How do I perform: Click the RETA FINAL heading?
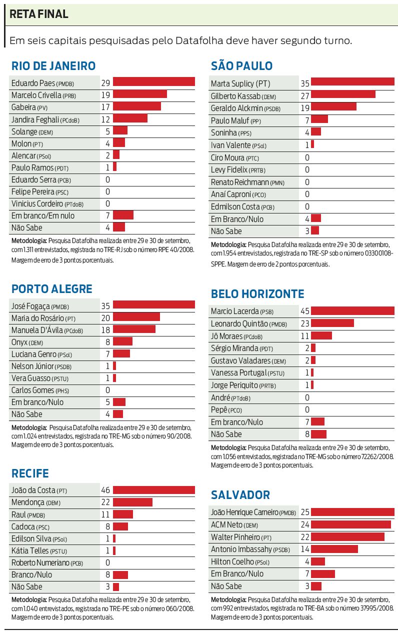[x=39, y=14]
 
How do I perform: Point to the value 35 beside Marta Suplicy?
[x=305, y=83]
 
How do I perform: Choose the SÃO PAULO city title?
[x=241, y=66]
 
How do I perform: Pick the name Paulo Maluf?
[x=228, y=120]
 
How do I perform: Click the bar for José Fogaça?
[x=153, y=305]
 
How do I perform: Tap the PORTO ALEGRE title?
[x=52, y=289]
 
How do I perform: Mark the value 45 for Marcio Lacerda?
[x=305, y=311]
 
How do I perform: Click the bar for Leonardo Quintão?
[x=332, y=323]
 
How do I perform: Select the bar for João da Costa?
[x=153, y=490]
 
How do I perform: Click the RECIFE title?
[x=30, y=473]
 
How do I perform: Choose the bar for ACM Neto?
[x=351, y=524]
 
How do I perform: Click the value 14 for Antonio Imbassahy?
[x=305, y=549]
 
